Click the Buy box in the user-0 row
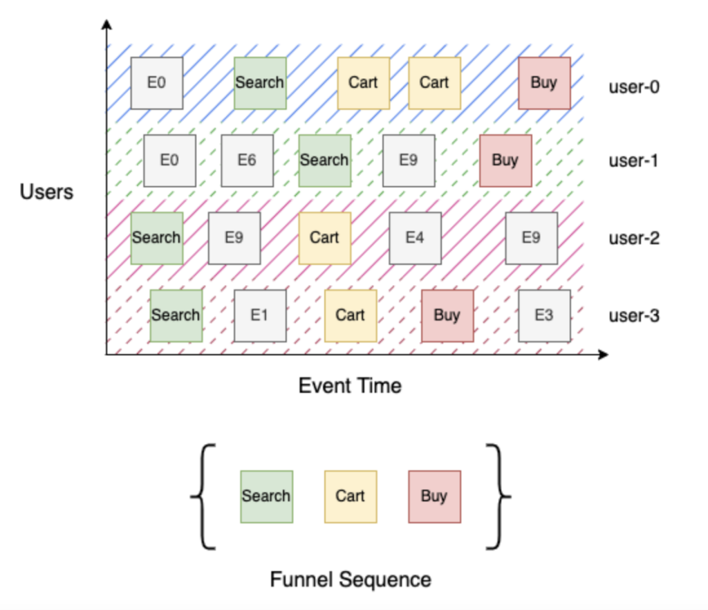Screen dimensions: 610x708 coord(544,83)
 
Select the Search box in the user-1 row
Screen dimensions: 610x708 coord(324,160)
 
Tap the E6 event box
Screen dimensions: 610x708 coord(247,160)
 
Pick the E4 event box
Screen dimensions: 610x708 coord(415,238)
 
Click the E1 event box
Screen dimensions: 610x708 coord(259,315)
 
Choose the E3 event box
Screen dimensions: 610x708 coord(544,315)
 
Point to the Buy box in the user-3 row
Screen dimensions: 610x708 coord(447,315)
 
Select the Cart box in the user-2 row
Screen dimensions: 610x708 coord(324,238)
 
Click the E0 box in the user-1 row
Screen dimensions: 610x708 coord(169,160)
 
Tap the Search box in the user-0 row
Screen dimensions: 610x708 coord(260,83)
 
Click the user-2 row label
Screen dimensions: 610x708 coord(634,239)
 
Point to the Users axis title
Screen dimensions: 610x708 coord(46,192)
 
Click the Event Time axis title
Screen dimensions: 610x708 coord(350,385)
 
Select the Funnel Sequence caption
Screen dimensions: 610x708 coord(351,579)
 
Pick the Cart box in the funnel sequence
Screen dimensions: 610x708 coord(351,497)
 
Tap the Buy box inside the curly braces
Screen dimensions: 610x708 coord(434,497)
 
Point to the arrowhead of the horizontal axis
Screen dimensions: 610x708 coord(603,355)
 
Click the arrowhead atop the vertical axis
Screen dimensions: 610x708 coord(106,25)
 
